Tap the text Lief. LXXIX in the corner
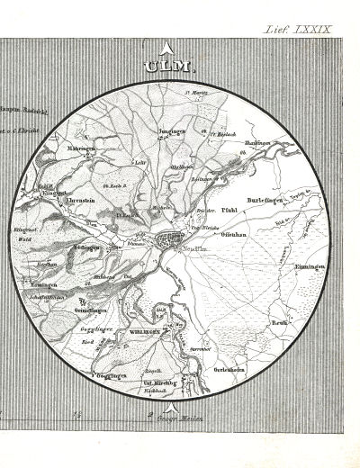[297, 29]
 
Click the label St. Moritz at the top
[196, 92]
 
